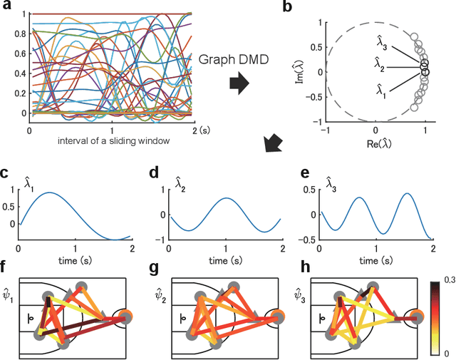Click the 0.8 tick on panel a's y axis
pos(18,33)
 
